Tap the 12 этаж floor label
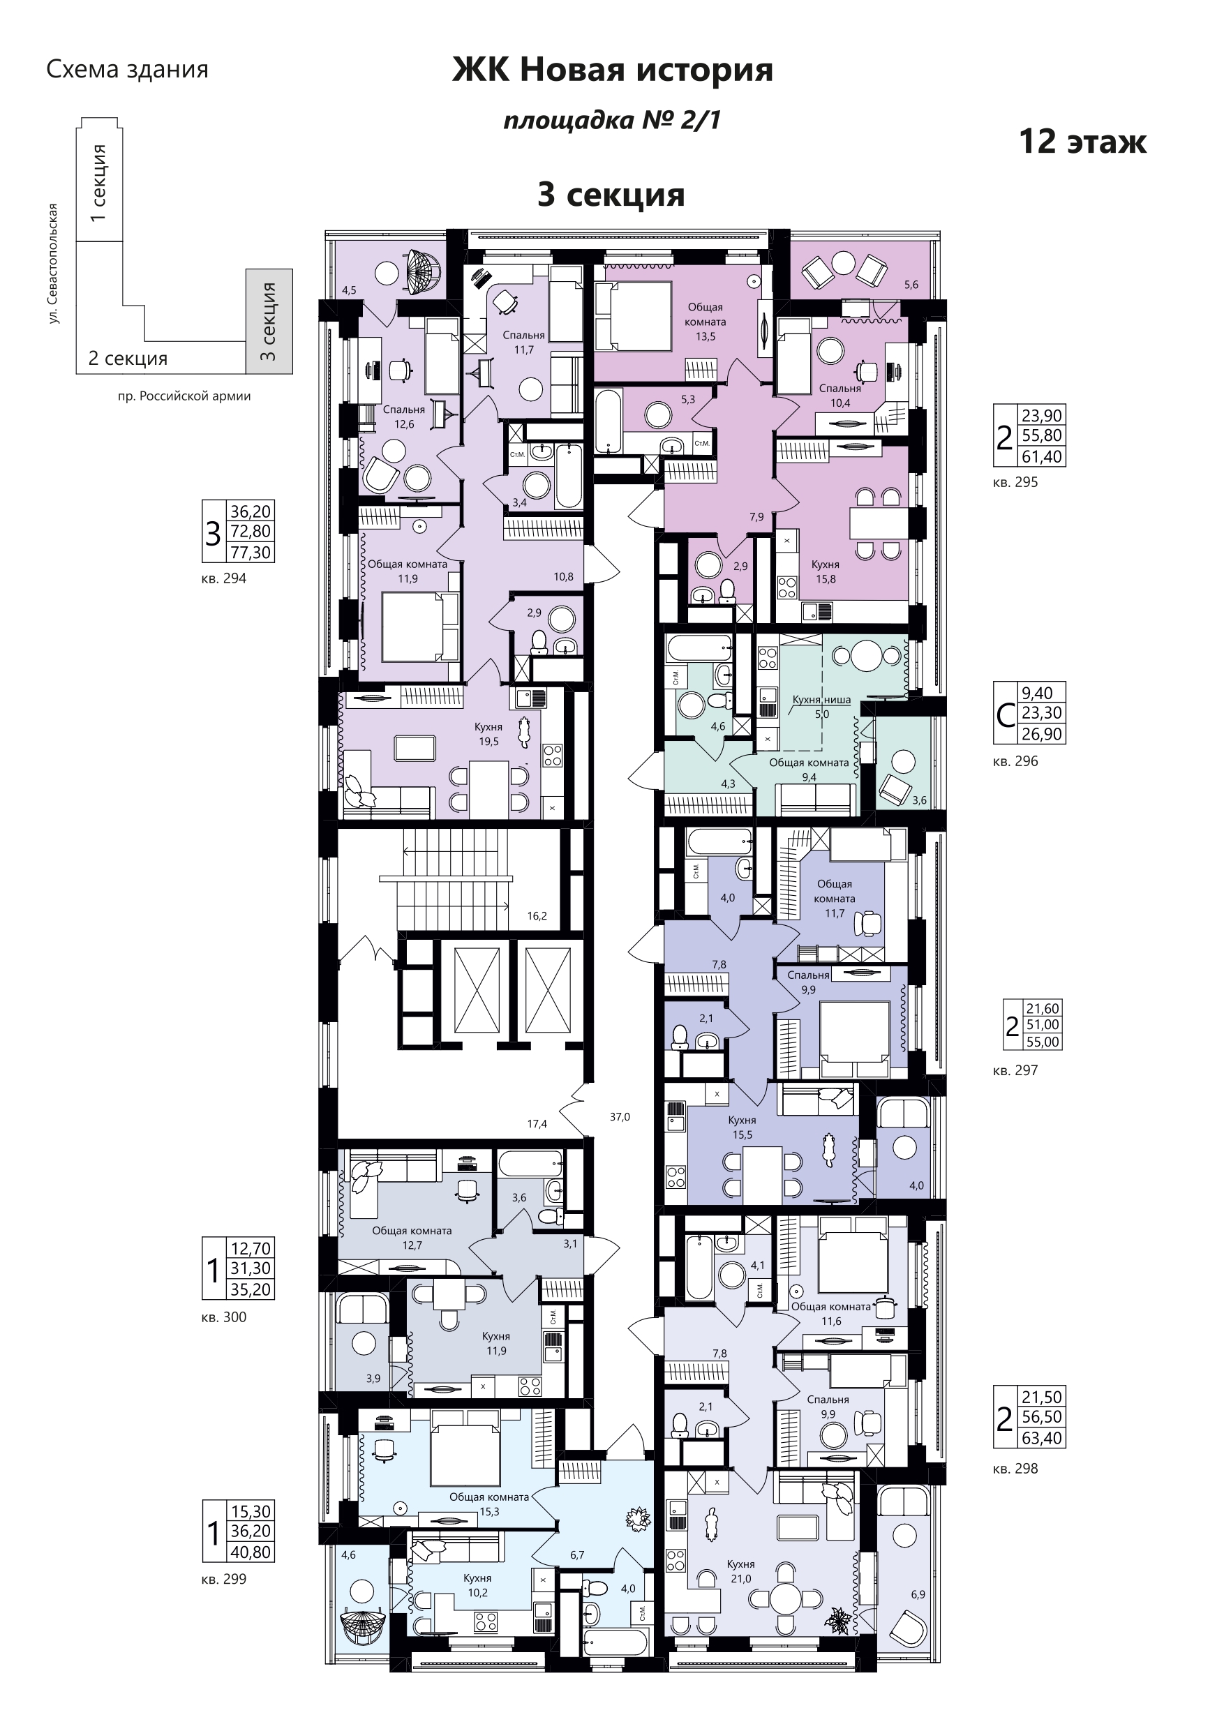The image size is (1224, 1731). tap(1082, 141)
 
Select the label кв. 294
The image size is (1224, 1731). tap(224, 578)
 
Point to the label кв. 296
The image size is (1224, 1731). tap(1015, 760)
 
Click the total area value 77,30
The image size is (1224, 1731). tap(251, 552)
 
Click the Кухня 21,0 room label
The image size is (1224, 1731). tap(740, 1571)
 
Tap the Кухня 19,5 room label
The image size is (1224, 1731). tap(488, 733)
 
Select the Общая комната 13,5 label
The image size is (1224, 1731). tap(705, 321)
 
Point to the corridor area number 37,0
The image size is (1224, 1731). tap(620, 1116)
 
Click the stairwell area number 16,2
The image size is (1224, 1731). tap(537, 916)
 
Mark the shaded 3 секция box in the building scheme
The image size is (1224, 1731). tap(269, 321)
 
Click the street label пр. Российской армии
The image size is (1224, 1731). tap(184, 396)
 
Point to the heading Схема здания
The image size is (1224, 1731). tap(127, 69)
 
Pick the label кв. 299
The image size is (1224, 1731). tap(224, 1579)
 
